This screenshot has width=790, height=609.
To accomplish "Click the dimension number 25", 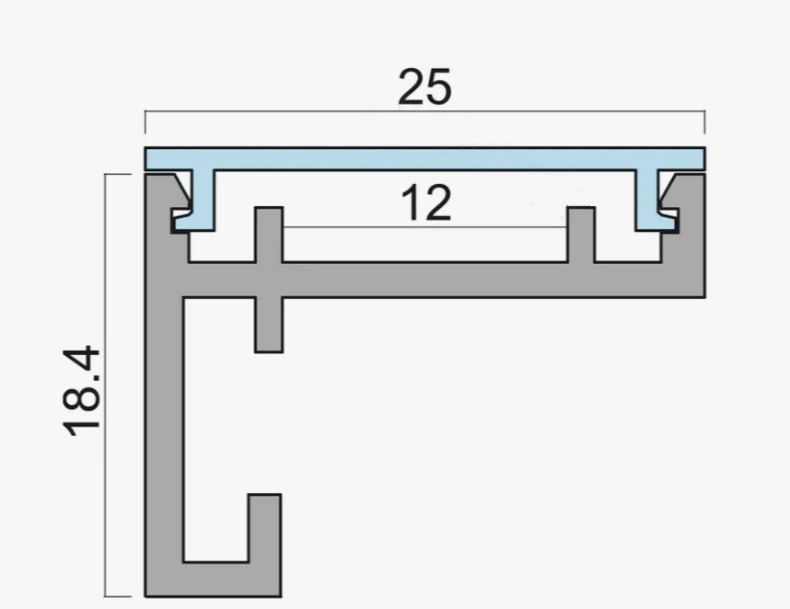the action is (424, 87).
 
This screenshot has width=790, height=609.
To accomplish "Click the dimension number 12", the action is (426, 202).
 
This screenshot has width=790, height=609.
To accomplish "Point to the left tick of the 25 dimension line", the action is (145, 121).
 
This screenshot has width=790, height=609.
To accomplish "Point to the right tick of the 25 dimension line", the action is (705, 121).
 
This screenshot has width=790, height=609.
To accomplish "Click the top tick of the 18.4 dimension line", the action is (118, 174).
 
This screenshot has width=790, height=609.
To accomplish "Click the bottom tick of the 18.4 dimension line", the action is (118, 596).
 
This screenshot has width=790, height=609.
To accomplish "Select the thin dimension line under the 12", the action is (425, 227).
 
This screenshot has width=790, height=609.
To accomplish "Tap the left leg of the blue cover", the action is (200, 201).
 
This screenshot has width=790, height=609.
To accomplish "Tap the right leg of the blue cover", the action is (651, 201).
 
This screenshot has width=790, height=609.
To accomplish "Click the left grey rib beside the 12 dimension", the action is (269, 235).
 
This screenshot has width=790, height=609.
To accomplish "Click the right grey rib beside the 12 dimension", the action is (581, 235).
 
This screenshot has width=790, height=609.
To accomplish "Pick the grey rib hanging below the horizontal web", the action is (269, 325).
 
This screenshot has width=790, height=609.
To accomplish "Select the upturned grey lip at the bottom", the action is (264, 528).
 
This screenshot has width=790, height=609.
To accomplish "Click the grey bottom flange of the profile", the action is (213, 580).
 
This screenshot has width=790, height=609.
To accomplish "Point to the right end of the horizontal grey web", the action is (703, 280).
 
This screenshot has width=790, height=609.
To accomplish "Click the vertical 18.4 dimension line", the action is (105, 385).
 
